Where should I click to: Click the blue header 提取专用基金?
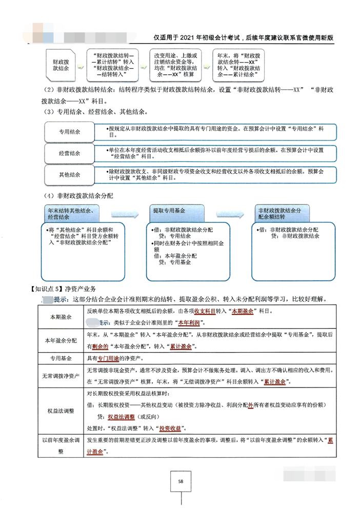click(169, 211)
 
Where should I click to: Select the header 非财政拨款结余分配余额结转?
click(279, 213)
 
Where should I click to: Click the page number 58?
click(181, 481)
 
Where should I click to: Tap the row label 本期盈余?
click(61, 317)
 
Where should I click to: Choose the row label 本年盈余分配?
click(61, 340)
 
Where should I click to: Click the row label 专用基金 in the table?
click(61, 357)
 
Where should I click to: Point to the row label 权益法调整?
click(61, 411)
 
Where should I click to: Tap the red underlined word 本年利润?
click(189, 323)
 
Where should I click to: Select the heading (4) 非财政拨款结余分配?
click(78, 196)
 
